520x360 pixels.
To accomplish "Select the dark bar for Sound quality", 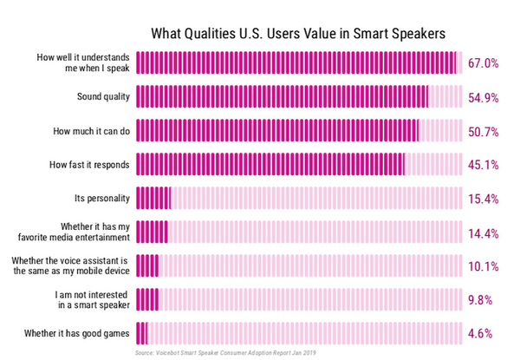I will coord(282,96).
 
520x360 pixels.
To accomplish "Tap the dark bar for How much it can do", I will coord(277,130).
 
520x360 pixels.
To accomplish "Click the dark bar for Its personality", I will coord(153,198).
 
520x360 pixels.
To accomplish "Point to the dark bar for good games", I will coord(142,331).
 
